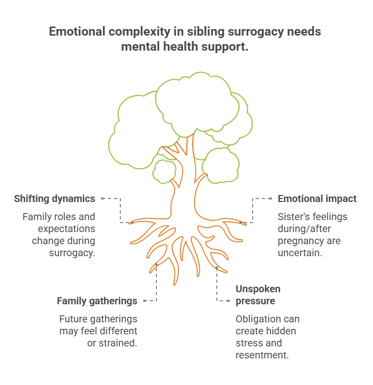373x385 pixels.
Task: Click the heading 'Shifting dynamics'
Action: (x=54, y=199)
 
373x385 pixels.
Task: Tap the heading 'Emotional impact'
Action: (x=317, y=199)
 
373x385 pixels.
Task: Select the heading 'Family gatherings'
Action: (x=97, y=301)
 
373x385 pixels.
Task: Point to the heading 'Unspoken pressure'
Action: (x=258, y=295)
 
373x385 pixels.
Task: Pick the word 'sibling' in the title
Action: (x=206, y=32)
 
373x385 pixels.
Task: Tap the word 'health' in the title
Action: (x=180, y=47)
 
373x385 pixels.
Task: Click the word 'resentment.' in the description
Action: (x=262, y=355)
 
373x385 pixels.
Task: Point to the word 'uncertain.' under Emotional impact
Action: (x=300, y=253)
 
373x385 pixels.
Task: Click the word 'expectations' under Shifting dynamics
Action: (x=66, y=229)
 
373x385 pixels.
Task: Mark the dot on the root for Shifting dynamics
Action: (x=132, y=223)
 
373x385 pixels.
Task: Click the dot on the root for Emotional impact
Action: (x=241, y=223)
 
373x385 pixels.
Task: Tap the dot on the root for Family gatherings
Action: (x=156, y=265)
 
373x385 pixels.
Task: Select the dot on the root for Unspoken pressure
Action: (x=217, y=268)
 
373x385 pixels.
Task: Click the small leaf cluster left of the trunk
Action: (x=164, y=171)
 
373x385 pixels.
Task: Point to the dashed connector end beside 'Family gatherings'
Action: (x=144, y=301)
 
